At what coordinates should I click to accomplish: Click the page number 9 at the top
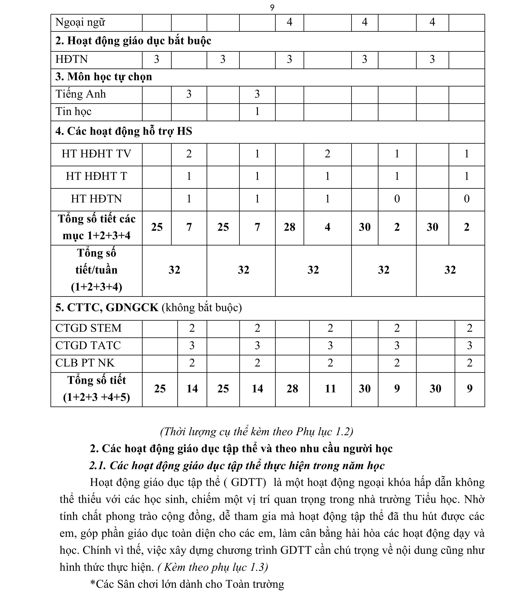(272, 8)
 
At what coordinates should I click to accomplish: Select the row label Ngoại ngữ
(80, 22)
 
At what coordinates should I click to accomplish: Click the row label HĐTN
(71, 59)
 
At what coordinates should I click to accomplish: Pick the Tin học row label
(73, 112)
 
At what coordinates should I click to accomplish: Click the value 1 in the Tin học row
(257, 112)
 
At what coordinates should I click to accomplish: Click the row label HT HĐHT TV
(96, 154)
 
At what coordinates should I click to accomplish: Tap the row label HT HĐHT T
(96, 176)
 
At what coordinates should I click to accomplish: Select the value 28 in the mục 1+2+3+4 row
(289, 227)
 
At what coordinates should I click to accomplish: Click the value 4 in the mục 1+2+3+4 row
(327, 227)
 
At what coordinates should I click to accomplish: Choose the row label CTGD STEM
(88, 328)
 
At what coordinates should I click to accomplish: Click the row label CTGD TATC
(88, 345)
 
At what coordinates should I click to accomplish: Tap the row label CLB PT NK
(85, 363)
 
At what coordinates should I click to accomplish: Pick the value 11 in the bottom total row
(330, 389)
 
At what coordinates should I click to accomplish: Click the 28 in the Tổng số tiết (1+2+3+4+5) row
(292, 389)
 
